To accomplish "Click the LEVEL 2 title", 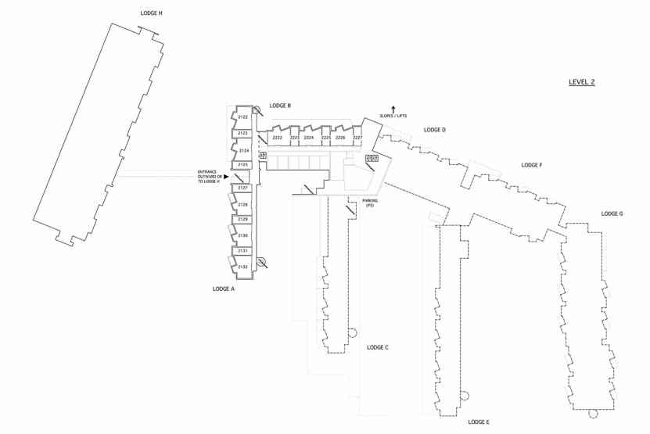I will [x=581, y=82].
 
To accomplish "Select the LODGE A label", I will [x=224, y=289].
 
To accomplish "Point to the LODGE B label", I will [x=280, y=106].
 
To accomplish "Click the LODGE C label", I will [x=378, y=347].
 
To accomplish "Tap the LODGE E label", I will [x=479, y=422].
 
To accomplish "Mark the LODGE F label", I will [x=532, y=165].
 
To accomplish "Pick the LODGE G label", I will [x=612, y=213].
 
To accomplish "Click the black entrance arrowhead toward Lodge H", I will [x=226, y=177].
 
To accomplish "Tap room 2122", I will [x=243, y=117].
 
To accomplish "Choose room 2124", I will [x=243, y=150].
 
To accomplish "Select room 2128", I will [x=243, y=205].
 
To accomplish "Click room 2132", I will [x=243, y=267].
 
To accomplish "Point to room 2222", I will [x=278, y=138].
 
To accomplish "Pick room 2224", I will [x=309, y=138].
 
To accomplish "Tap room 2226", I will [x=340, y=138].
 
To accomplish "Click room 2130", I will [x=243, y=235].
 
